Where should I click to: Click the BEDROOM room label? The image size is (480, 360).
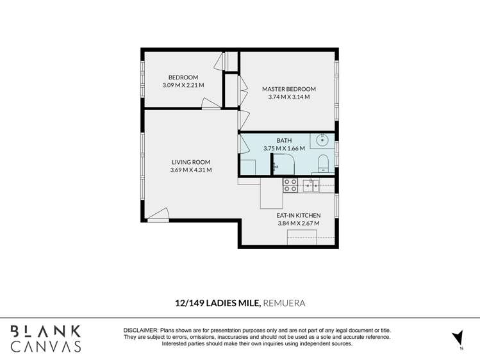(183, 78)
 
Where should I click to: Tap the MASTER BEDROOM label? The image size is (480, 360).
(288, 89)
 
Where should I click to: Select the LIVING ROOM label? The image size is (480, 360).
(191, 162)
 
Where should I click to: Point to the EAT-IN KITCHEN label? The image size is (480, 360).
(299, 215)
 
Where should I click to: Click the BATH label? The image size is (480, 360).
(284, 140)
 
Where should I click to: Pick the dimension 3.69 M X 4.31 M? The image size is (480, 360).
(191, 170)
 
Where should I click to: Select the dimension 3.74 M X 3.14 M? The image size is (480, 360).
(288, 97)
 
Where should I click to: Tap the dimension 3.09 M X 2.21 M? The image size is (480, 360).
(183, 85)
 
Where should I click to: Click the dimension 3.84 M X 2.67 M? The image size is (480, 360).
(299, 224)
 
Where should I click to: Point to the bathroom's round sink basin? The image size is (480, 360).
(322, 140)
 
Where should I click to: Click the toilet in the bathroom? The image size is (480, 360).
(322, 163)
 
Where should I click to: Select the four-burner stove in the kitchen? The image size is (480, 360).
(290, 185)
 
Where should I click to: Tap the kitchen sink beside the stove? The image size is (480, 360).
(311, 186)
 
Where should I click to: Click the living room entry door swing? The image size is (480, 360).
(158, 215)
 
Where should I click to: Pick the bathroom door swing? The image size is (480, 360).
(244, 144)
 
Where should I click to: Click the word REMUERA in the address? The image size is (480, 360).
(284, 303)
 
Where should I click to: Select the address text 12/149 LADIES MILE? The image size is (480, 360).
(218, 303)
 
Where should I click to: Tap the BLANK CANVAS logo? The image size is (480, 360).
(46, 339)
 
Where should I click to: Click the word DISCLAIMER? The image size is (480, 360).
(141, 331)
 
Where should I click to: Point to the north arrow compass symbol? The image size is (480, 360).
(458, 339)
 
